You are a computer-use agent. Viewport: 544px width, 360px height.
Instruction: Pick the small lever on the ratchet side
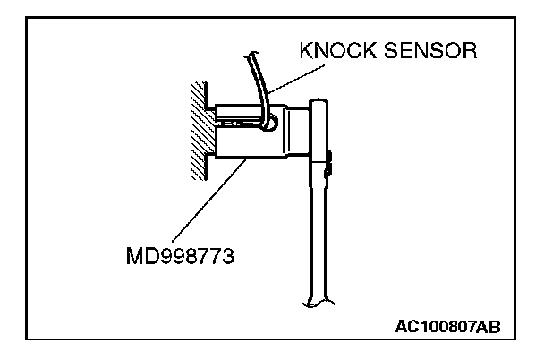(x=330, y=164)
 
